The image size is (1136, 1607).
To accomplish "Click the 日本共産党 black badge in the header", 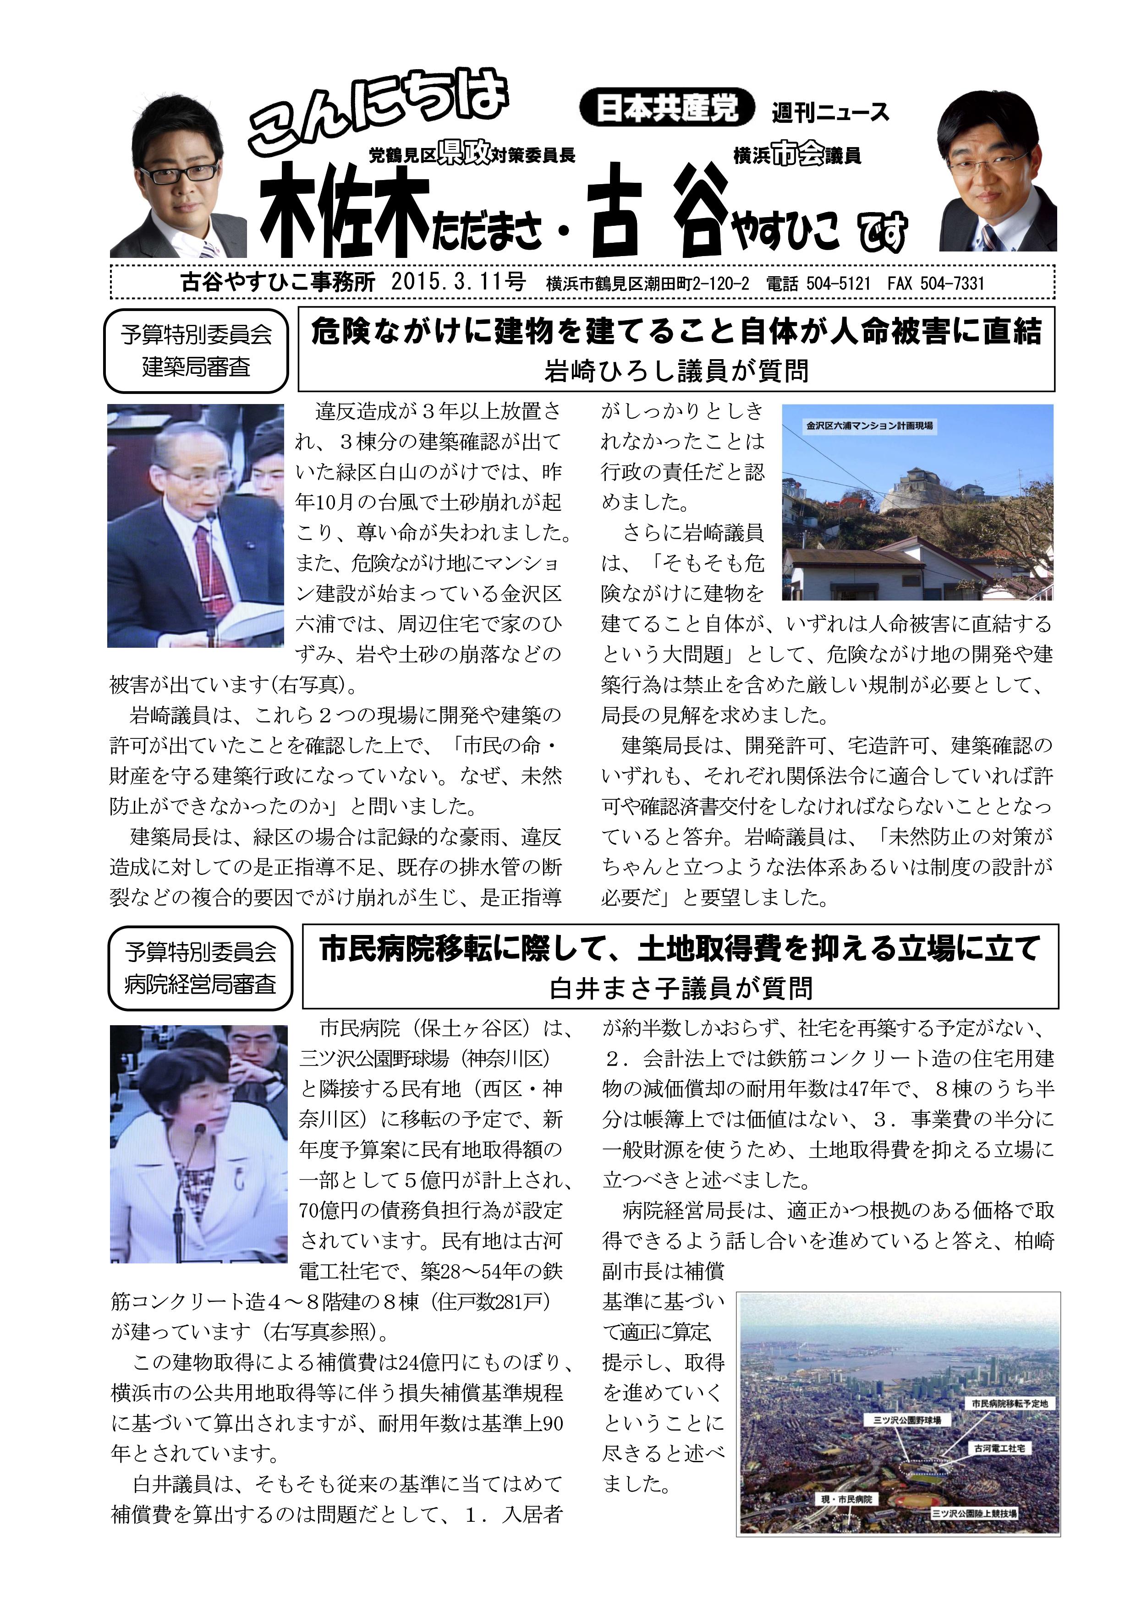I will point(667,109).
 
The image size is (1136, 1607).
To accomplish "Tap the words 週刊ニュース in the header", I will point(830,112).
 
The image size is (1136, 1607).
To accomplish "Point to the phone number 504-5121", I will point(838,284).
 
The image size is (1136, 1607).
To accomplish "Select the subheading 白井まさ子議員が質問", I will point(681,988).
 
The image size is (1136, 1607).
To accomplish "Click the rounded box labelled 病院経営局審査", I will point(200,968).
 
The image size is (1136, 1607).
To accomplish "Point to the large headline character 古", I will point(614,210).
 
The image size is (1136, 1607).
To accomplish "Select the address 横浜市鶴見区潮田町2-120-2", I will point(648,284).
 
